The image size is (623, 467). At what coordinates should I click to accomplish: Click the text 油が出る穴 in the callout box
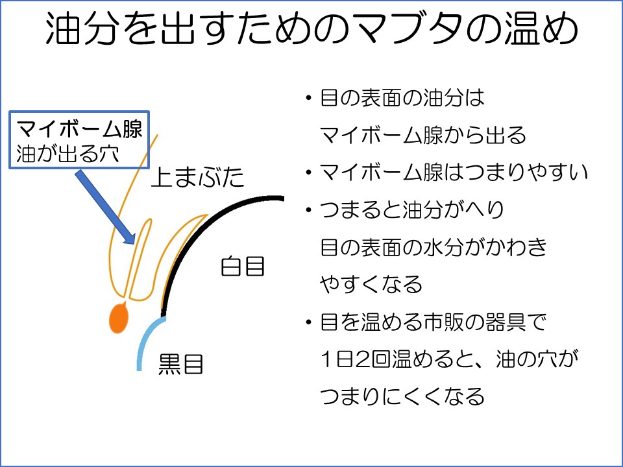(x=64, y=154)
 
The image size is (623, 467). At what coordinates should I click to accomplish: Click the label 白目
(x=243, y=266)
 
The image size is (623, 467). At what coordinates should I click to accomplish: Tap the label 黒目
(x=181, y=364)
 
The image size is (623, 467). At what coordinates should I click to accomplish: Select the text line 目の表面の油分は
(x=402, y=99)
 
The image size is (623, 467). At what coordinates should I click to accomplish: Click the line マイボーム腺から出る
(x=423, y=136)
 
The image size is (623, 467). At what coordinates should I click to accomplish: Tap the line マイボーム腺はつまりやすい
(x=454, y=173)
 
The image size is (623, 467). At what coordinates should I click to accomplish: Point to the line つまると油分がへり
(x=412, y=210)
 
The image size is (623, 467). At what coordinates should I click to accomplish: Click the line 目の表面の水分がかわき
(x=434, y=247)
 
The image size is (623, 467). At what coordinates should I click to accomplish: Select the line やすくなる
(x=371, y=283)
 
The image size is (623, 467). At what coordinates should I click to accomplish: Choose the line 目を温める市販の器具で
(x=434, y=322)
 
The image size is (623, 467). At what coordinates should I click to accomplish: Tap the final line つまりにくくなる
(x=402, y=396)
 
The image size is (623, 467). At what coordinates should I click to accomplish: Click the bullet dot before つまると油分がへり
(x=309, y=210)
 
